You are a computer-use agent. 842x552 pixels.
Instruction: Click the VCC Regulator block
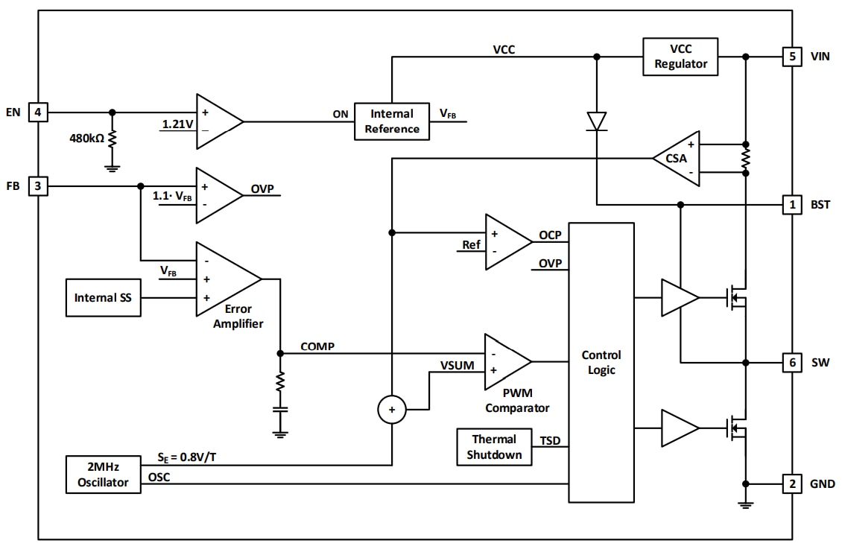[x=680, y=57]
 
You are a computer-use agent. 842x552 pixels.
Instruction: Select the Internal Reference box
[x=392, y=121]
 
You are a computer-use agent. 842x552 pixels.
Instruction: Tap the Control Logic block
[x=601, y=362]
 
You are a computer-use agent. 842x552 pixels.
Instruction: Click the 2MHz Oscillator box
[x=102, y=475]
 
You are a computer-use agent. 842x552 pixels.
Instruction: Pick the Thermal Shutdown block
[x=494, y=447]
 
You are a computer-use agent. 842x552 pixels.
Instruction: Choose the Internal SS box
[x=103, y=297]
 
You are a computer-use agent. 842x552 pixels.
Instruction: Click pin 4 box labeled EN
[x=38, y=112]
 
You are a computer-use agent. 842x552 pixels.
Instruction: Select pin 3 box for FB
[x=38, y=185]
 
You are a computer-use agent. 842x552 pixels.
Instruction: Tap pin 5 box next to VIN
[x=792, y=57]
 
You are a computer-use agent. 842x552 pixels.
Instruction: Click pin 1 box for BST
[x=792, y=204]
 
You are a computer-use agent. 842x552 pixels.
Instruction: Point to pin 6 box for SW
[x=792, y=363]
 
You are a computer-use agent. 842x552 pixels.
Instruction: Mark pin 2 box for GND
[x=792, y=484]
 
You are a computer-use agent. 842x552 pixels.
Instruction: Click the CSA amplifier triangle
[x=676, y=158]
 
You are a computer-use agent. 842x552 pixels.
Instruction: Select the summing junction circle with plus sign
[x=392, y=409]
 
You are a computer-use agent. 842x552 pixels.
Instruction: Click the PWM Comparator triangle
[x=504, y=361]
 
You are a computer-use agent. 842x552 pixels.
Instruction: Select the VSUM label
[x=456, y=366]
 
